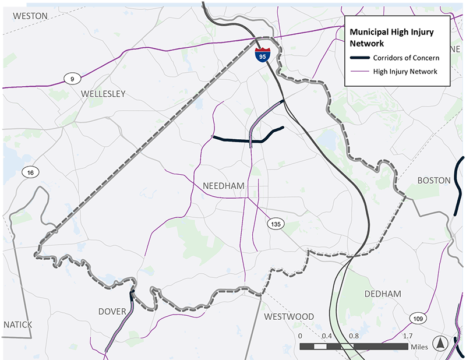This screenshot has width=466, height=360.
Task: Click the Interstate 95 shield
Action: coord(263,55)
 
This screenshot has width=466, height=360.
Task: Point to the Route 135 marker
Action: coord(276,224)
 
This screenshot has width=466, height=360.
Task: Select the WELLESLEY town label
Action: coord(103,94)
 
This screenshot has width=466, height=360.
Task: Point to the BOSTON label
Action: coord(434,181)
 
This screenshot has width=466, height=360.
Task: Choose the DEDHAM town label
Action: coord(383,294)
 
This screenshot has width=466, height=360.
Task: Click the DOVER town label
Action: coord(112,312)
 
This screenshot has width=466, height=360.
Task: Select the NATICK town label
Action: coord(17,324)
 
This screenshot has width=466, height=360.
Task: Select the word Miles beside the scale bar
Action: coord(419,347)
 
